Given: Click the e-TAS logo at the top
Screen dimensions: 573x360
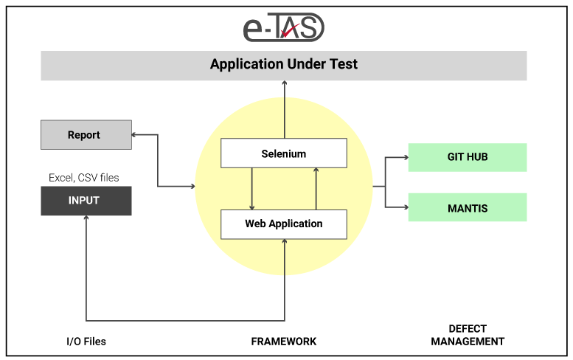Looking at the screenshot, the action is point(284,27).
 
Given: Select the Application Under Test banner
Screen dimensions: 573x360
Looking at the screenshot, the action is point(284,66).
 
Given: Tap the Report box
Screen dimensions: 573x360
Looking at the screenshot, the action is point(86,134).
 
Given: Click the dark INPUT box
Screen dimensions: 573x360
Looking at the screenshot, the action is point(86,201).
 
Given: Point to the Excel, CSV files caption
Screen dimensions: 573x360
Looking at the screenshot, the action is point(83,178).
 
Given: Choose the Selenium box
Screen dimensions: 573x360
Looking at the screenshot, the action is point(284,153).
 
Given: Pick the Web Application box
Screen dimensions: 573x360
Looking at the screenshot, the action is point(284,224).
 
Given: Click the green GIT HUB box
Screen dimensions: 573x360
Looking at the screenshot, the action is point(468,157).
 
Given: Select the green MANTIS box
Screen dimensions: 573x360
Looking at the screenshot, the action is point(468,207).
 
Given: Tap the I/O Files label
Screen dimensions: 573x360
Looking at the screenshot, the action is point(86,342).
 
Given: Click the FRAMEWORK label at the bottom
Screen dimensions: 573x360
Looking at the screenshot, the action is point(284,342).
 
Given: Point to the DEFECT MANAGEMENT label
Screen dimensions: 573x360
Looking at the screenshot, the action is point(468,335).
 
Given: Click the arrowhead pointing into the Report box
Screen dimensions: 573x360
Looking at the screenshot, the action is point(133,135).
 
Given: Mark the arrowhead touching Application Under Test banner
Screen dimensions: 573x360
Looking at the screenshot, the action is point(285,83).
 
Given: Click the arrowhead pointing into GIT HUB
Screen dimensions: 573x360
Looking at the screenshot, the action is point(406,158).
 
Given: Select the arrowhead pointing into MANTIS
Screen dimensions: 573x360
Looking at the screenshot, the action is point(406,207).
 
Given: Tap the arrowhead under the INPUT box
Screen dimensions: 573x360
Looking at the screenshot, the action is point(86,218).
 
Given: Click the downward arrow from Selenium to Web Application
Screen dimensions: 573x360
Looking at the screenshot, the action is point(251,189).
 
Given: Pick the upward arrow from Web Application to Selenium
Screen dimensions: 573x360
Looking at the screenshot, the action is point(316,189).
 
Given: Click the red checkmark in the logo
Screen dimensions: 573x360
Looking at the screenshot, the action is point(290,31).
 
